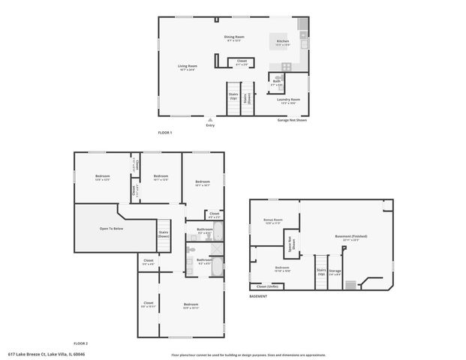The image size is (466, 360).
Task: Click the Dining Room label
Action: (234, 37)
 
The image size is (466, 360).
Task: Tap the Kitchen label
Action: (283, 41)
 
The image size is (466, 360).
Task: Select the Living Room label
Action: (187, 67)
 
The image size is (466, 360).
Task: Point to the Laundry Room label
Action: (290, 100)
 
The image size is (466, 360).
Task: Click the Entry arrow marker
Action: (210, 118)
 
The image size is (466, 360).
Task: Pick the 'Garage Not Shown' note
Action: (292, 120)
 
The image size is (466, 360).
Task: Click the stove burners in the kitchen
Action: (302, 34)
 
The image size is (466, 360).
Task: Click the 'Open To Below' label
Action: (111, 228)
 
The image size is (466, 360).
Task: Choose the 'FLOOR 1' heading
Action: (165, 133)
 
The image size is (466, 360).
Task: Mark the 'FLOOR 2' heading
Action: (80, 342)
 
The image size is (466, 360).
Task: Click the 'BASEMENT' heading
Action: (258, 296)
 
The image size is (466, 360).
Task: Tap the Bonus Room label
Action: (272, 220)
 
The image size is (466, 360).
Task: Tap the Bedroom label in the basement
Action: (282, 268)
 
